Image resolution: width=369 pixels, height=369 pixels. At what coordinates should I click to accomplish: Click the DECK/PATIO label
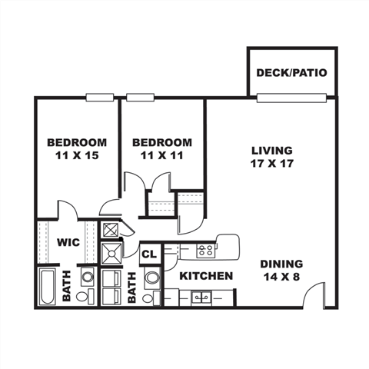tap(292, 73)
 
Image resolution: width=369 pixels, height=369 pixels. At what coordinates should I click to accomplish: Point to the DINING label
tap(281, 263)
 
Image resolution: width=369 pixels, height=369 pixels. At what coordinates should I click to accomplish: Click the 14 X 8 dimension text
tap(281, 277)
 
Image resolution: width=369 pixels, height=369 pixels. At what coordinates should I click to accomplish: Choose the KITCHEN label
tap(206, 276)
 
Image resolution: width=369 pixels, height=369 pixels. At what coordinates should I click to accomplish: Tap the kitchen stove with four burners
tap(205, 250)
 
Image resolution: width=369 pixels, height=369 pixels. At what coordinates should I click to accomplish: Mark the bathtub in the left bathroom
tap(48, 287)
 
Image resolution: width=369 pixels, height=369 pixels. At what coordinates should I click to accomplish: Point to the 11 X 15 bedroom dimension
tap(77, 156)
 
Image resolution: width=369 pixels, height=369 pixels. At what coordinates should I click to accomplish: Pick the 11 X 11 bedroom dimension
tap(161, 156)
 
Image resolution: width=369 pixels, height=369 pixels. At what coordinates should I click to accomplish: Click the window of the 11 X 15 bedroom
tap(100, 97)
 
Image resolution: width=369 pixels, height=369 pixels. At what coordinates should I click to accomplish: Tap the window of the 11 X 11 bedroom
tap(141, 97)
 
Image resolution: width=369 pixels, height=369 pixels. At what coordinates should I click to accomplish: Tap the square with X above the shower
tap(111, 230)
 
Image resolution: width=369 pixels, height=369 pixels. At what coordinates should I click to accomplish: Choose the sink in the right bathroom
tap(152, 278)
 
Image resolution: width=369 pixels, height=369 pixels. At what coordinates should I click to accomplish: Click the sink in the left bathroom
tap(88, 277)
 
